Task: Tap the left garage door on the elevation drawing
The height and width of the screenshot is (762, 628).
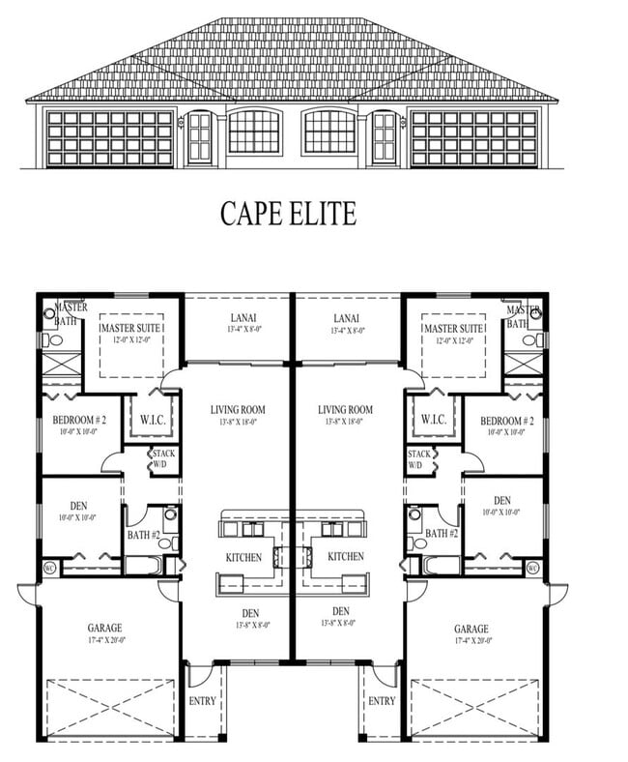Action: [x=108, y=138]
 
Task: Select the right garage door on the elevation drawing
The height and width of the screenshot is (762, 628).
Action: [x=472, y=138]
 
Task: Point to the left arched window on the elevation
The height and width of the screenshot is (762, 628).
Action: [x=254, y=132]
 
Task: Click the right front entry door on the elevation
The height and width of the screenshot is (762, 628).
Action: [x=384, y=138]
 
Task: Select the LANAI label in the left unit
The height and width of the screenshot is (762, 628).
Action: [x=237, y=317]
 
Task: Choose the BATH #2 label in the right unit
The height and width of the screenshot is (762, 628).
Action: [x=442, y=533]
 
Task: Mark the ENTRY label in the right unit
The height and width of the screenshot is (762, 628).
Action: [x=382, y=700]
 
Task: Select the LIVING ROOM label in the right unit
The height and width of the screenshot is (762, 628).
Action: [x=345, y=409]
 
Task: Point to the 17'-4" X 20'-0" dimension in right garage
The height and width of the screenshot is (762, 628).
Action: [x=471, y=640]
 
